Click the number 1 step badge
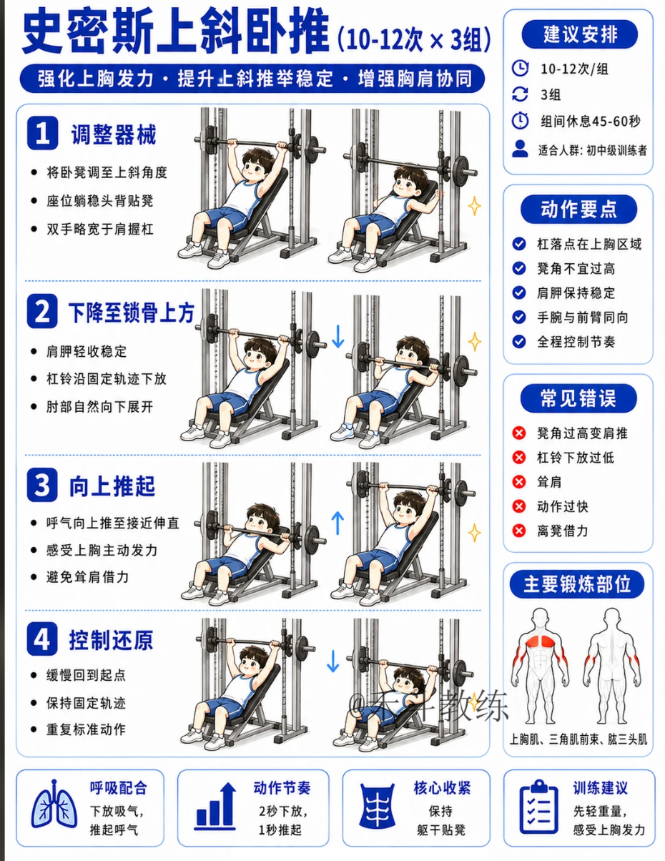pos(43,133)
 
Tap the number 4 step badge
pos(42,639)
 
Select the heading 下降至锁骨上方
pos(132,313)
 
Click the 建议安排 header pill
pos(579,34)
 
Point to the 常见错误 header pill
pos(578,398)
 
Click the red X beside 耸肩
pos(519,482)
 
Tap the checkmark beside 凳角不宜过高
pos(519,268)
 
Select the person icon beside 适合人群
pos(520,149)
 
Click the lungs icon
pos(54,805)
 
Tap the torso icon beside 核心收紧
pos(377,805)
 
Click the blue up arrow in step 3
pos(338,523)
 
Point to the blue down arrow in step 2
pos(338,336)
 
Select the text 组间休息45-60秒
pos(590,122)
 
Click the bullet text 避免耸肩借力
pos(87,577)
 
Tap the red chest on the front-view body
pos(539,641)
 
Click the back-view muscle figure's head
pos(612,616)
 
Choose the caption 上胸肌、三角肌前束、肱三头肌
pos(578,739)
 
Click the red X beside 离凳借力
pos(519,530)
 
